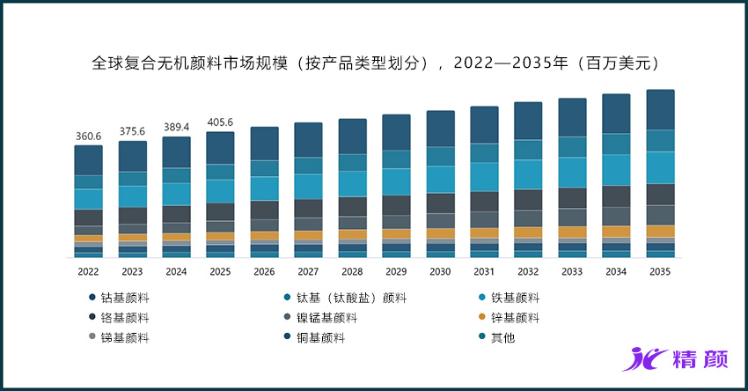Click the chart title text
pos(374,63)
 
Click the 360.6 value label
pos(88,136)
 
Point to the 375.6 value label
pos(132,131)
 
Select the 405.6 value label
pos(220,123)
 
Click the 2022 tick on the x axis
pos(88,272)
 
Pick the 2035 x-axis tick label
pos(660,272)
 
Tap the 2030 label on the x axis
pos(440,272)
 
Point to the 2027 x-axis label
pos(308,272)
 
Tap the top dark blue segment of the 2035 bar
pos(660,109)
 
